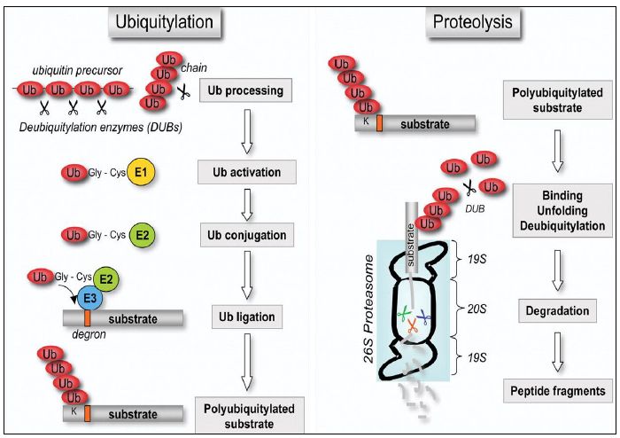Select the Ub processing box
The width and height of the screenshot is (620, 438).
pos(247,90)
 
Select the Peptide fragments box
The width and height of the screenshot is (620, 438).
pos(557,390)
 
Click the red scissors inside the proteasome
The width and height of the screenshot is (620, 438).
pos(413,326)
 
